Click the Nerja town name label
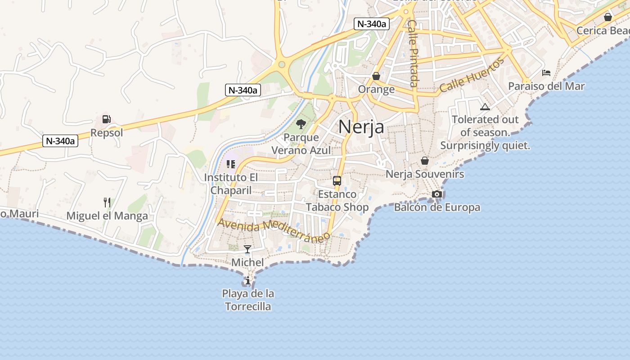tap(361, 126)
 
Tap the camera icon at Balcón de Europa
tap(436, 194)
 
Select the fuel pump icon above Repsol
tap(107, 119)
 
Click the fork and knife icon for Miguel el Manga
tap(107, 202)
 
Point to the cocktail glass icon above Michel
tap(247, 249)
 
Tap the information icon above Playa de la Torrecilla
tap(247, 280)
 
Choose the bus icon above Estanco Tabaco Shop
tap(337, 181)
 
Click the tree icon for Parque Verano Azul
tap(301, 124)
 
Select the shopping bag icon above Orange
tap(376, 76)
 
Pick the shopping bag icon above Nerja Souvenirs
tap(425, 161)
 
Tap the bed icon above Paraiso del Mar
tap(546, 72)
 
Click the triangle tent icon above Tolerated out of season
tap(485, 107)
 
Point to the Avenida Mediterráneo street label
tap(272, 230)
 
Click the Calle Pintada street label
tap(413, 53)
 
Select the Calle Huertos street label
tap(472, 76)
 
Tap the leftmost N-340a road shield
tap(61, 141)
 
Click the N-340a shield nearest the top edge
tap(371, 24)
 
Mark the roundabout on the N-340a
tap(282, 65)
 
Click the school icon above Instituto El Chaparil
tap(231, 164)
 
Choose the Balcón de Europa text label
tap(437, 207)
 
